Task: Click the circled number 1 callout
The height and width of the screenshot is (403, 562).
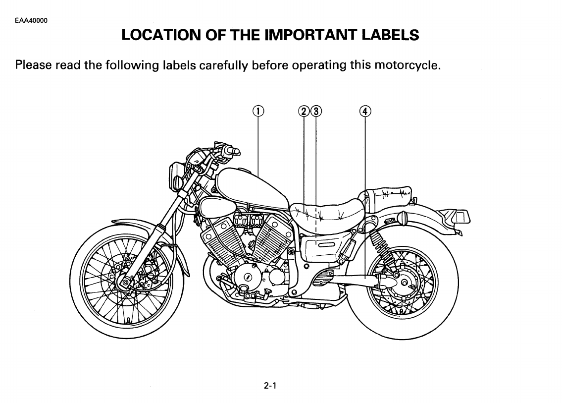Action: pos(258,111)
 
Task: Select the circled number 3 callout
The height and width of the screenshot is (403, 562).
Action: pos(315,111)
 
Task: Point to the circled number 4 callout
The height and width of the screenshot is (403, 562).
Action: pos(365,111)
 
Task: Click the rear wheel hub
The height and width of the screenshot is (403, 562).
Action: pos(404,283)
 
